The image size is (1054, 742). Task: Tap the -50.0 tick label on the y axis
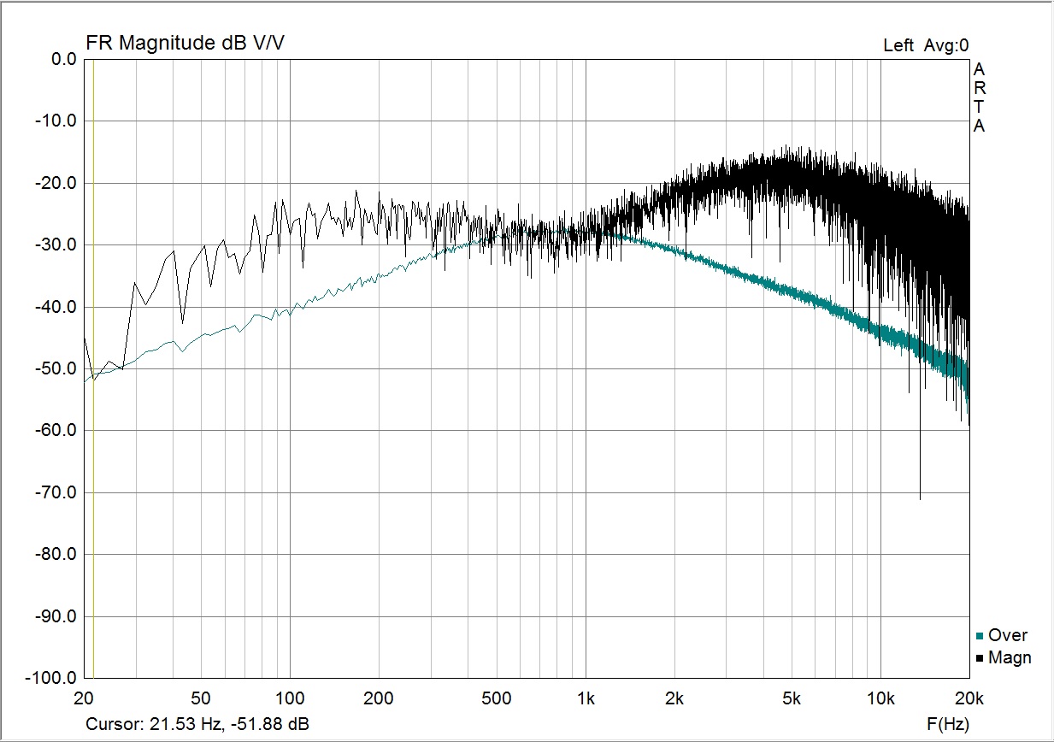click(57, 368)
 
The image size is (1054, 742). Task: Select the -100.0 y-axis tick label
click(54, 678)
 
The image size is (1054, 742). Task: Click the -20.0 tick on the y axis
click(57, 183)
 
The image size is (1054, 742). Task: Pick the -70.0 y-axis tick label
click(57, 492)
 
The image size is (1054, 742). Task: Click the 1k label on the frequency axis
click(586, 699)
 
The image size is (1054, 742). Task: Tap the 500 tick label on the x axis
click(497, 699)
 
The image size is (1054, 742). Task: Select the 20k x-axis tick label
click(969, 699)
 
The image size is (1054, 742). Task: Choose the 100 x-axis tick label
click(291, 699)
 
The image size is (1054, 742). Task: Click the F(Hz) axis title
click(948, 725)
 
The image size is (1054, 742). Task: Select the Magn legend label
click(1010, 657)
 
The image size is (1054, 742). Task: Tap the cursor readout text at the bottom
click(197, 725)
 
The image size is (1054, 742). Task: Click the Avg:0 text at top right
click(945, 45)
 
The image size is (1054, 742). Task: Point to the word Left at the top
click(898, 45)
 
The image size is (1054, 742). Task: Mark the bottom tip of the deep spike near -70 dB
click(920, 499)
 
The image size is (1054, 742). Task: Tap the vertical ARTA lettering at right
click(980, 97)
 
